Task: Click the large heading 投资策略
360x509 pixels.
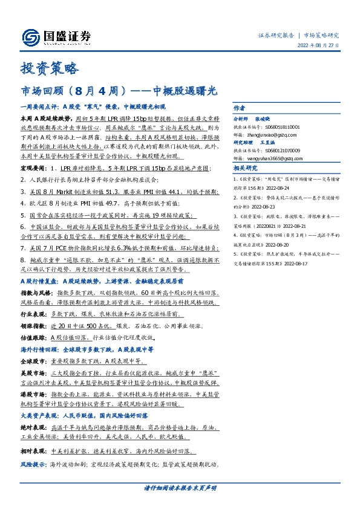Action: click(50, 68)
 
